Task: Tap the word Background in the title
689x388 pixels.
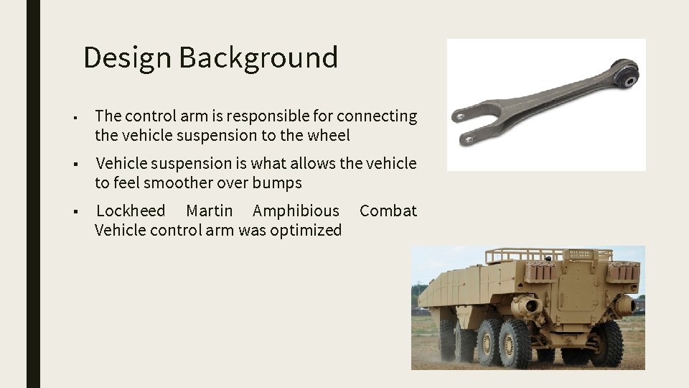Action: [258, 57]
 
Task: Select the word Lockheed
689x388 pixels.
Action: [131, 211]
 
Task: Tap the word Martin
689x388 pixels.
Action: [209, 211]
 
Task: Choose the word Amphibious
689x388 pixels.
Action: [296, 211]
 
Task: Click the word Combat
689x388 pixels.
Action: [388, 211]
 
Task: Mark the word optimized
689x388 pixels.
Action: [306, 230]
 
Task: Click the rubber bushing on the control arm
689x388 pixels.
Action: [628, 75]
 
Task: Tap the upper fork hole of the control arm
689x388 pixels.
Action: [457, 116]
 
